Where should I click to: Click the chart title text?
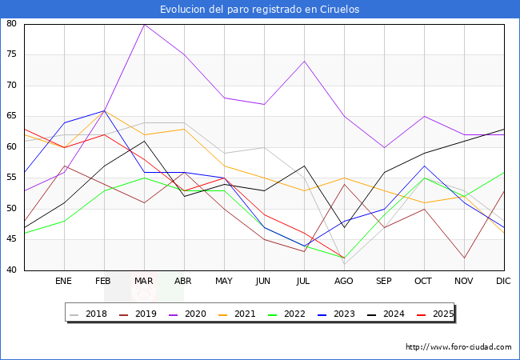259,10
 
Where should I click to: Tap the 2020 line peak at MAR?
144,24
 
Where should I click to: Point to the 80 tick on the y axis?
12,24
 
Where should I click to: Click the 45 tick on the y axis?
12,239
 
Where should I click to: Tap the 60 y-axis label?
12,147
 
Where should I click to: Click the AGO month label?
344,282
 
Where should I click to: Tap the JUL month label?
304,282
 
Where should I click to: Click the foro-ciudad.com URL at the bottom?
458,347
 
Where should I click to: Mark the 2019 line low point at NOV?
464,258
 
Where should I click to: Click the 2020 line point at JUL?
304,61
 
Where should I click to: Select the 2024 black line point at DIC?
504,129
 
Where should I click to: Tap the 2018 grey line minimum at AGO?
344,264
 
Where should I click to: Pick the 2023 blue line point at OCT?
424,166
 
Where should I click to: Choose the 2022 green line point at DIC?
504,172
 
